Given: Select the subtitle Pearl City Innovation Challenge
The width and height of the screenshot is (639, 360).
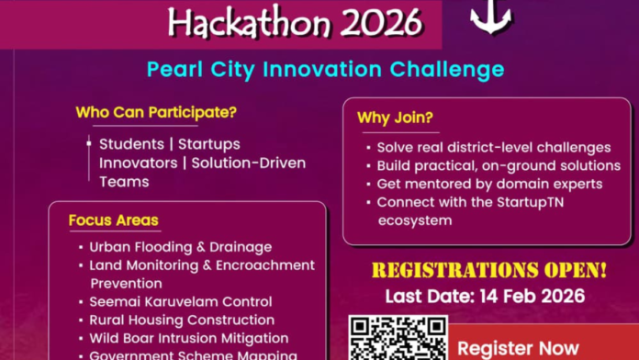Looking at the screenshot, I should [325, 70].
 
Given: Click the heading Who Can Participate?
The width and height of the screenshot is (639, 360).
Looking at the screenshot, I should [156, 113].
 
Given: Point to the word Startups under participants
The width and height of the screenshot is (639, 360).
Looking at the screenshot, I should [209, 144].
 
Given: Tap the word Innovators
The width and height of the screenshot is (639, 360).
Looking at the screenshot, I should [135, 163].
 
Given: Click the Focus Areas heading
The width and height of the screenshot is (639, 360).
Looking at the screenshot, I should [113, 220].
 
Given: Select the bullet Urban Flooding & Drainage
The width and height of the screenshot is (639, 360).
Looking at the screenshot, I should [180, 247].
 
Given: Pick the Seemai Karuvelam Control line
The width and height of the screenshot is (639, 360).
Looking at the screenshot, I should [180, 301].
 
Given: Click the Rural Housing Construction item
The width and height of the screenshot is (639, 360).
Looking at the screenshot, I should [182, 320].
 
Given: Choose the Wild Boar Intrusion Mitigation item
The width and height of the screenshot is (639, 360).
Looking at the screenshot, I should [189, 338].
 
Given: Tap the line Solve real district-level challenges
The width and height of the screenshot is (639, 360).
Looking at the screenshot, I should [494, 147].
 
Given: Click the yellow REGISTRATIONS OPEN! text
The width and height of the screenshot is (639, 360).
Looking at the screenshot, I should [488, 271].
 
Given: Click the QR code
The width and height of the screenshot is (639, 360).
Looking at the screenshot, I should [398, 338].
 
